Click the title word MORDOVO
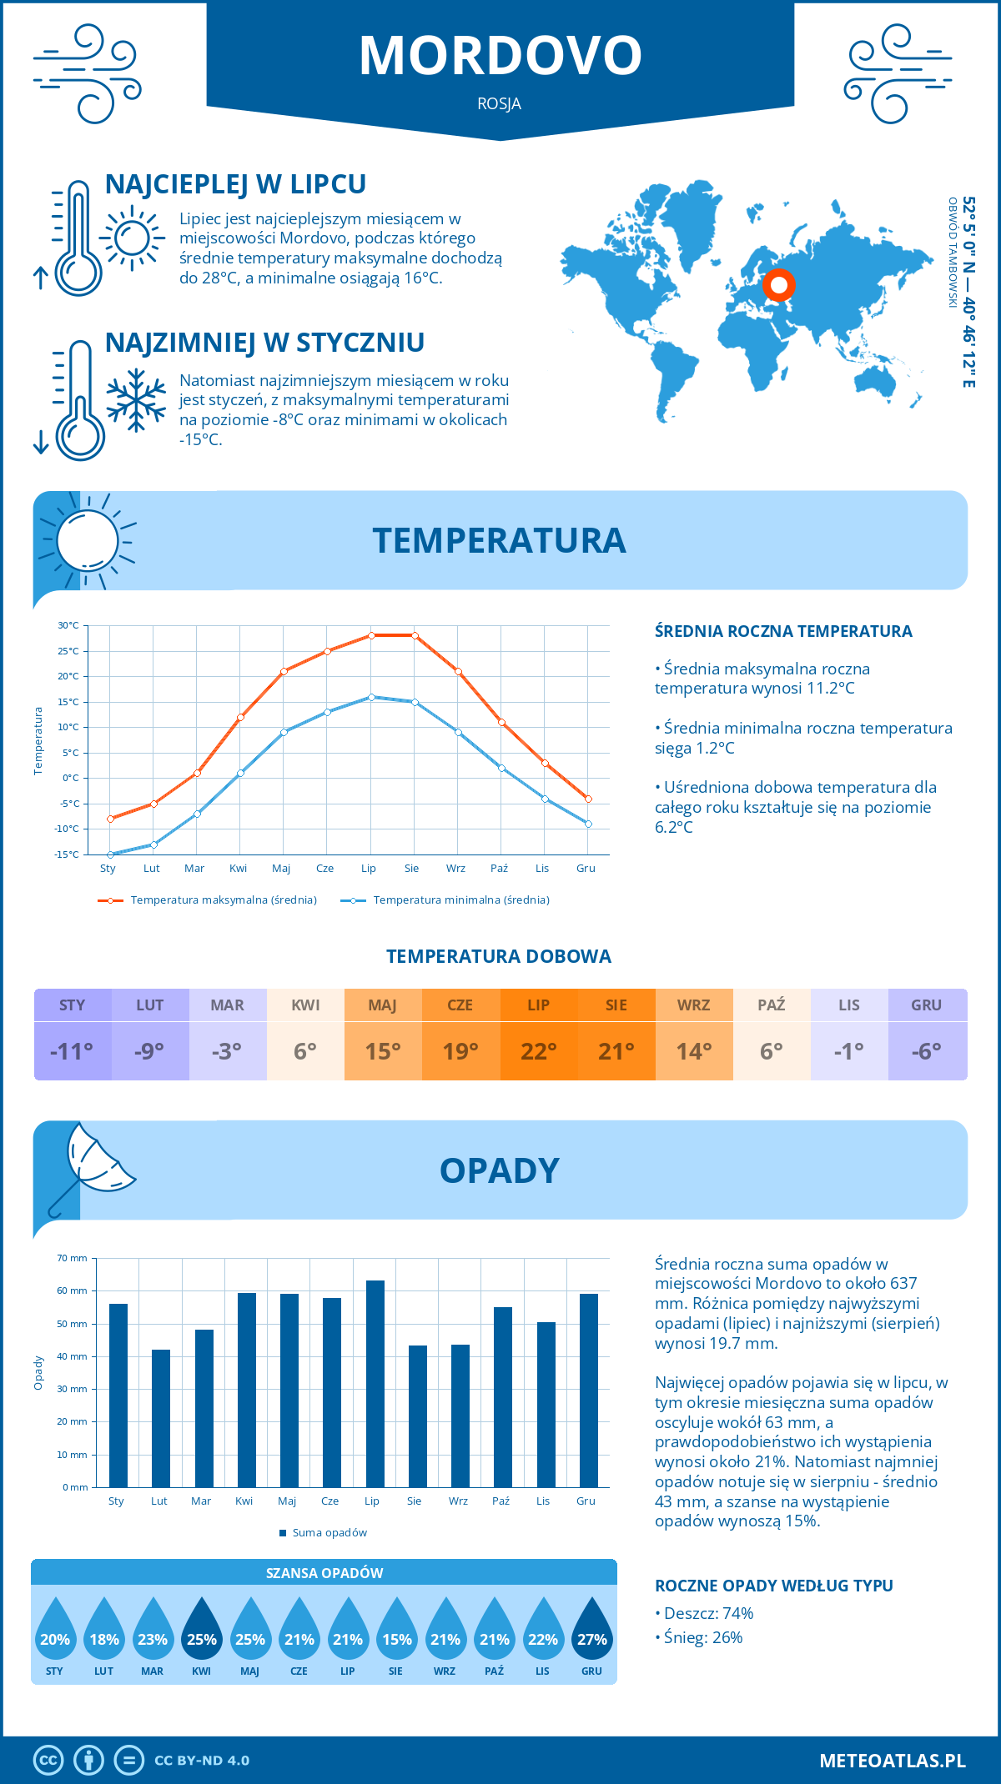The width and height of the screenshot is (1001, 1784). [x=500, y=56]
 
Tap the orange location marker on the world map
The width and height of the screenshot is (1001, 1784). [x=779, y=285]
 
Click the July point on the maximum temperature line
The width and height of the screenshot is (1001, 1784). [x=371, y=635]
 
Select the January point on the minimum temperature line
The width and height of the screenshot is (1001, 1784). [x=110, y=854]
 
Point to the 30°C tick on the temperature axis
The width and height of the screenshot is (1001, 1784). [x=68, y=625]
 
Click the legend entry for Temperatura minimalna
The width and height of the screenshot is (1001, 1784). [x=445, y=900]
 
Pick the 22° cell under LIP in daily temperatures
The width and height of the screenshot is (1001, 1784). [x=539, y=1051]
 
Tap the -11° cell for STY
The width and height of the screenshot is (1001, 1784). [x=72, y=1051]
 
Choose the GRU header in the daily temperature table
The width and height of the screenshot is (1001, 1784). [x=927, y=1005]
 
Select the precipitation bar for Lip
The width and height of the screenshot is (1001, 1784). [x=375, y=1384]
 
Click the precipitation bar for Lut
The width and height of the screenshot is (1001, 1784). [x=161, y=1418]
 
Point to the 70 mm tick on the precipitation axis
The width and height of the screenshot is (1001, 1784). [x=73, y=1258]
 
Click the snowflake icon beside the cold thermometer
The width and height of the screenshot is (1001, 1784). [x=136, y=400]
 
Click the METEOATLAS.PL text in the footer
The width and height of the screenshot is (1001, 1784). [x=893, y=1761]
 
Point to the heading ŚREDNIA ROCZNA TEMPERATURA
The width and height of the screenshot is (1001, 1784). [x=783, y=632]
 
